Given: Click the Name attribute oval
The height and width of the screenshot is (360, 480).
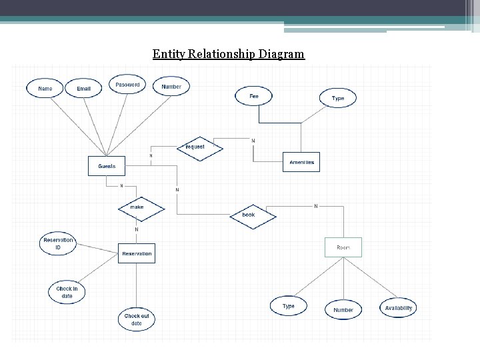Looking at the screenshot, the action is tap(45, 88).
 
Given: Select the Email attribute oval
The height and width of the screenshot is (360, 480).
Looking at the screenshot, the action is tap(84, 88).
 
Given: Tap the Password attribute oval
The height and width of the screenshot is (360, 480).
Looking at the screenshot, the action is tap(127, 85).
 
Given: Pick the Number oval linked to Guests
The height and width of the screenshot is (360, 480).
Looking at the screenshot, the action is tap(171, 87).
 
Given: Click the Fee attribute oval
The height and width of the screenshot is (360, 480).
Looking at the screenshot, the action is tap(254, 96).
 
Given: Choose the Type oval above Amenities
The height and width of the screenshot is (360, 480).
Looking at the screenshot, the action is tap(338, 98).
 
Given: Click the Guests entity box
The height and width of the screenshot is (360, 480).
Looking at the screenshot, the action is tap(107, 165).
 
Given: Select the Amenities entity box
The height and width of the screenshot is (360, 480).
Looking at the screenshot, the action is tap(301, 162).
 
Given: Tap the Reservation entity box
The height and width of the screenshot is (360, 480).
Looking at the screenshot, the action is tap(137, 253).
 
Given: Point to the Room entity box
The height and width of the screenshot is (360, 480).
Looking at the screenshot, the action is tap(343, 247).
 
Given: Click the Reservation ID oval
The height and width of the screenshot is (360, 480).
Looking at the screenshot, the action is tap(58, 243).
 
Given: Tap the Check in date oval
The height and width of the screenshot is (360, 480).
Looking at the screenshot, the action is tap(67, 292).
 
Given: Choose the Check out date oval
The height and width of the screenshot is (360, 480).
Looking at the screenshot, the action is tap(137, 319).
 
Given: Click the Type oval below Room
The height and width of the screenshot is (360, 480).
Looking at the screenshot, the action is tap(288, 307).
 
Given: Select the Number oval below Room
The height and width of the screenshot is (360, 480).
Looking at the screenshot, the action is tap(343, 310).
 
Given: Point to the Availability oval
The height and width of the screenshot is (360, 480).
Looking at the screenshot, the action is tap(399, 307).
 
